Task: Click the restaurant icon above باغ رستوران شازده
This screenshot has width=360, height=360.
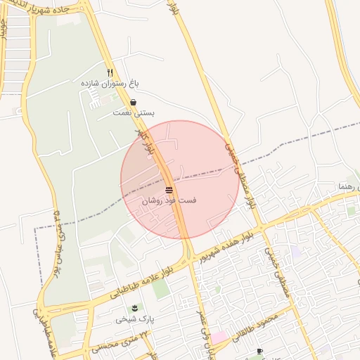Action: tap(110, 72)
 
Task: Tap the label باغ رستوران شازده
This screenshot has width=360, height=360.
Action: tap(110, 83)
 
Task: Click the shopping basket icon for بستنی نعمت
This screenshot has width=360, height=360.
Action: tap(133, 103)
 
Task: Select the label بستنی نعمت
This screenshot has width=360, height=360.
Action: tap(134, 112)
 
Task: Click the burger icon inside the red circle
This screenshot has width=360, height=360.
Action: tap(169, 191)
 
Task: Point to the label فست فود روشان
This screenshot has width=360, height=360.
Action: tap(169, 201)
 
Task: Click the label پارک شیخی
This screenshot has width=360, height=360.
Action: tap(135, 319)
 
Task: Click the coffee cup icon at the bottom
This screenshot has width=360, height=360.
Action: tap(259, 351)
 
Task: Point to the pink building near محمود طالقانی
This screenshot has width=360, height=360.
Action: tap(219, 337)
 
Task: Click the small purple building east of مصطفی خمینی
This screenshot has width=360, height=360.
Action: tap(296, 251)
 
